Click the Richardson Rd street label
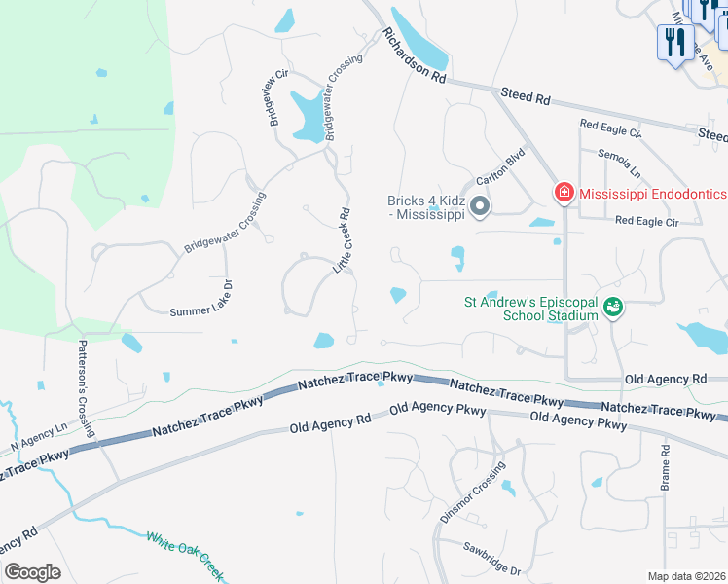[x=414, y=56]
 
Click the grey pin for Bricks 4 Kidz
[x=479, y=207]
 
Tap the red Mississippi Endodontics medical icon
[x=564, y=193]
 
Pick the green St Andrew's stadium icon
[x=612, y=308]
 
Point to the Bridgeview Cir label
[x=275, y=98]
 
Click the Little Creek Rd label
[x=344, y=238]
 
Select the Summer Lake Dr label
[x=201, y=310]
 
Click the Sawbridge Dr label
[x=491, y=558]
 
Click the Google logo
[x=32, y=571]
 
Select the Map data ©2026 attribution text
[x=687, y=576]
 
